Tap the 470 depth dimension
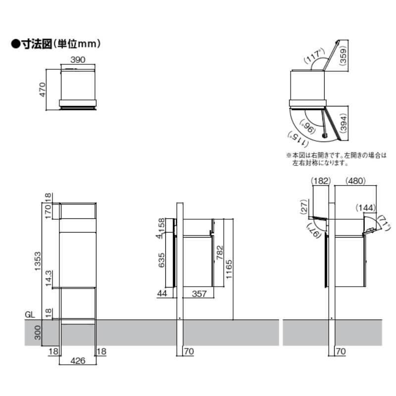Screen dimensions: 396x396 [x=43, y=89]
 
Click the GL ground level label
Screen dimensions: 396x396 [x=30, y=314]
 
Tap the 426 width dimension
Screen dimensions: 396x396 [x=78, y=361]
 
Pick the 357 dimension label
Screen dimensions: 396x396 [x=198, y=294]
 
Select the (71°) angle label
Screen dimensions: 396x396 [x=382, y=222]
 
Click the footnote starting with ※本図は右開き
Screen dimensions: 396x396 [x=335, y=158]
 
